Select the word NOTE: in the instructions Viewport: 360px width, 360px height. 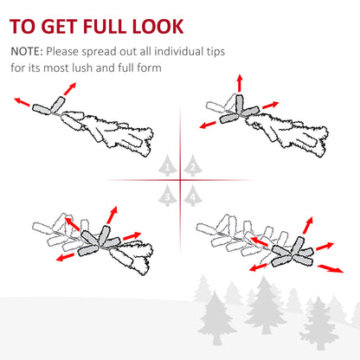(x=27, y=52)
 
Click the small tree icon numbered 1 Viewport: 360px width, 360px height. (x=167, y=165)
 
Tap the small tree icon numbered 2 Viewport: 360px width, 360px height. (x=193, y=165)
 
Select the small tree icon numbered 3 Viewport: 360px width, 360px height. (x=167, y=196)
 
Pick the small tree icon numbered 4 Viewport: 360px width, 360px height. (x=193, y=196)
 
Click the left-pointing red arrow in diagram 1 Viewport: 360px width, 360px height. (x=22, y=102)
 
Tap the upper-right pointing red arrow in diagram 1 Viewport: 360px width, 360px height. (x=70, y=88)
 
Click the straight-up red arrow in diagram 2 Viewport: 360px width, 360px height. (x=239, y=83)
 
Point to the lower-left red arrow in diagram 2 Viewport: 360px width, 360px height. (x=208, y=125)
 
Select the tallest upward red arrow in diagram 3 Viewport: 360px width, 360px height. (x=112, y=215)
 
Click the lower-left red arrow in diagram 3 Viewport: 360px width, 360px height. (x=65, y=257)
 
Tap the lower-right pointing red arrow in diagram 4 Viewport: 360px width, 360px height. (x=331, y=268)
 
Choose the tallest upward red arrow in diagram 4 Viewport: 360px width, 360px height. (x=308, y=225)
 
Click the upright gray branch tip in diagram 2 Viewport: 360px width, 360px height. (x=240, y=104)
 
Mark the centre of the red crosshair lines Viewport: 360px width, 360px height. (x=181, y=180)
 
